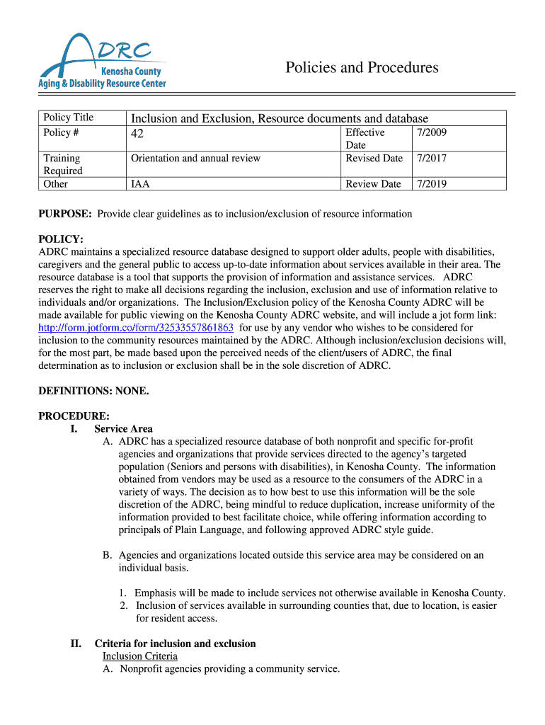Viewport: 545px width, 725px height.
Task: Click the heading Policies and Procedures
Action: click(x=362, y=68)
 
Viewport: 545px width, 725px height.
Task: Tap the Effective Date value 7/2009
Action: click(x=432, y=132)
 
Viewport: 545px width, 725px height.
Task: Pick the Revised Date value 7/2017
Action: click(x=432, y=159)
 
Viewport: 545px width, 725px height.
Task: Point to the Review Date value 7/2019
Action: click(x=432, y=184)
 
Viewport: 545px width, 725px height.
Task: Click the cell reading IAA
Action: click(x=140, y=184)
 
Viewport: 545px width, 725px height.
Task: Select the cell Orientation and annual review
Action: click(x=195, y=159)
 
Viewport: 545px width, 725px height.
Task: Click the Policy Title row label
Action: click(x=68, y=118)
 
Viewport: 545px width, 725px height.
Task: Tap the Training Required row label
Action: click(x=62, y=164)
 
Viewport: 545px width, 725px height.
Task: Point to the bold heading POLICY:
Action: click(x=60, y=240)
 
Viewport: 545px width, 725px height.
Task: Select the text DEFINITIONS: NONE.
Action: click(x=93, y=391)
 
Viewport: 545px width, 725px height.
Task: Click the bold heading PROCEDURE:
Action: click(x=74, y=416)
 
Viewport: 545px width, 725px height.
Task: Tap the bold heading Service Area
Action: click(x=123, y=429)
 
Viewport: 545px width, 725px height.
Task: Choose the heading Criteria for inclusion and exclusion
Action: click(x=175, y=644)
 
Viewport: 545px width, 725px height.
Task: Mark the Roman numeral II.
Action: click(x=76, y=644)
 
